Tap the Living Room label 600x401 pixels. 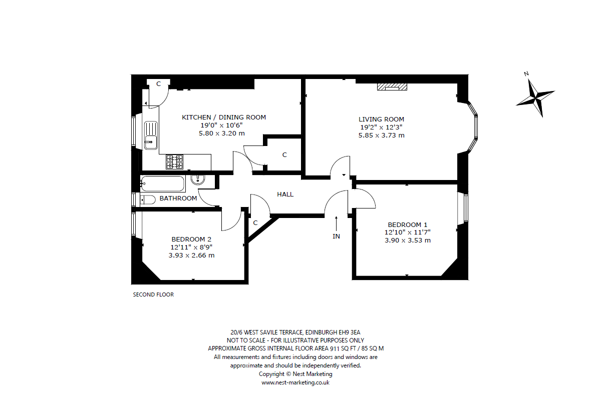[x=381, y=119]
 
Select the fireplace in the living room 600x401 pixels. [x=392, y=87]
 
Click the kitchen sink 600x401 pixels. [x=151, y=135]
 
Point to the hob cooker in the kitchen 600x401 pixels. [x=174, y=162]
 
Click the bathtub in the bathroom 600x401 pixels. [x=163, y=183]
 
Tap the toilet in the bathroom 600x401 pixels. [x=148, y=199]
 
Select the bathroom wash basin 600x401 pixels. [x=197, y=179]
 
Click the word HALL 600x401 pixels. [x=285, y=194]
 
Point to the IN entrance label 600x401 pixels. [x=336, y=236]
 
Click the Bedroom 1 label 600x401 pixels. [x=408, y=224]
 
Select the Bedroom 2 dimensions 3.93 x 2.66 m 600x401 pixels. [x=191, y=255]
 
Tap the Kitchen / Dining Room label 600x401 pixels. [x=224, y=117]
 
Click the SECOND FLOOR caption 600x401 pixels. [x=153, y=294]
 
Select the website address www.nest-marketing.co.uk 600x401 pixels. [x=295, y=382]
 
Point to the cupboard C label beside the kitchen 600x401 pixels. [x=284, y=154]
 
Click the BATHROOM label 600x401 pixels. [x=178, y=198]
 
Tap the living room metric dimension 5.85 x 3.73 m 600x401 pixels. [x=381, y=135]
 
